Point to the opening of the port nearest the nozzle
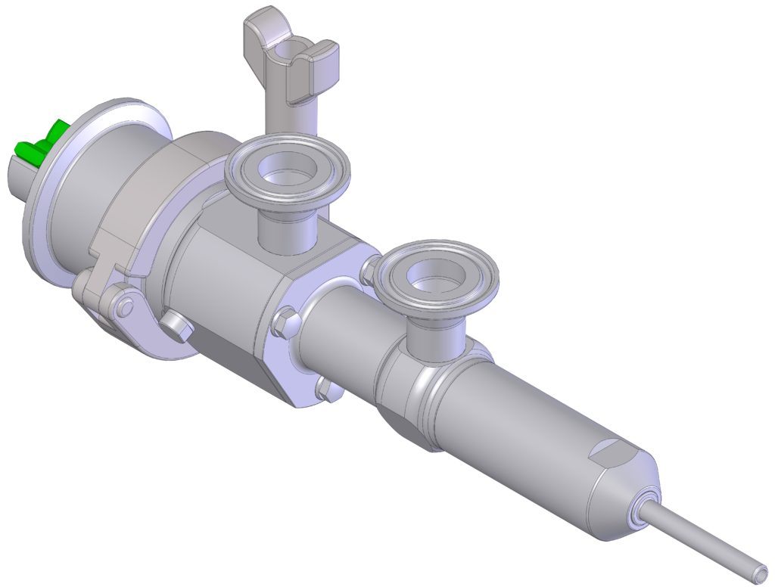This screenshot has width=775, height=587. coord(438,272)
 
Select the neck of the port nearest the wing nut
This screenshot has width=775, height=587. coord(288,231)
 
